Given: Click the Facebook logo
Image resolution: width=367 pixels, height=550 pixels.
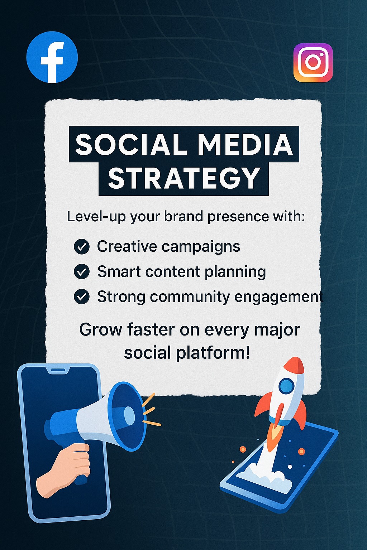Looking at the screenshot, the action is [52, 57].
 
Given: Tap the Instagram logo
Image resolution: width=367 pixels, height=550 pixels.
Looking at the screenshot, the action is [313, 63].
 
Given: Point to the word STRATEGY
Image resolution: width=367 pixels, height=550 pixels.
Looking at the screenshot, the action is [184, 178].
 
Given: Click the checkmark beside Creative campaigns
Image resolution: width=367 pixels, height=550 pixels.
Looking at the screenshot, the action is [82, 246].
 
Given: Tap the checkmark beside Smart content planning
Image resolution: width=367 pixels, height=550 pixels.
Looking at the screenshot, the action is [82, 271].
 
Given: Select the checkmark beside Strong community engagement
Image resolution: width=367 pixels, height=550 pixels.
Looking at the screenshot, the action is [82, 296].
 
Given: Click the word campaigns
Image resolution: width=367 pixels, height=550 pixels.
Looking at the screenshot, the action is [201, 247].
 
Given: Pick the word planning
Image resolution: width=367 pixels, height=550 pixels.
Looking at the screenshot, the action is [235, 272].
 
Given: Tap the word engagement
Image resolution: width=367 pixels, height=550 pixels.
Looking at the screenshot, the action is [279, 297].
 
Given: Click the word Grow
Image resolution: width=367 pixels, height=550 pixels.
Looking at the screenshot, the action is [101, 330].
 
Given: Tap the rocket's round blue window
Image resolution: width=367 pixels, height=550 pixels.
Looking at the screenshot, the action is [286, 386].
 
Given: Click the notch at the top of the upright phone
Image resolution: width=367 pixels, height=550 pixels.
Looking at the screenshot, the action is [58, 370].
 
